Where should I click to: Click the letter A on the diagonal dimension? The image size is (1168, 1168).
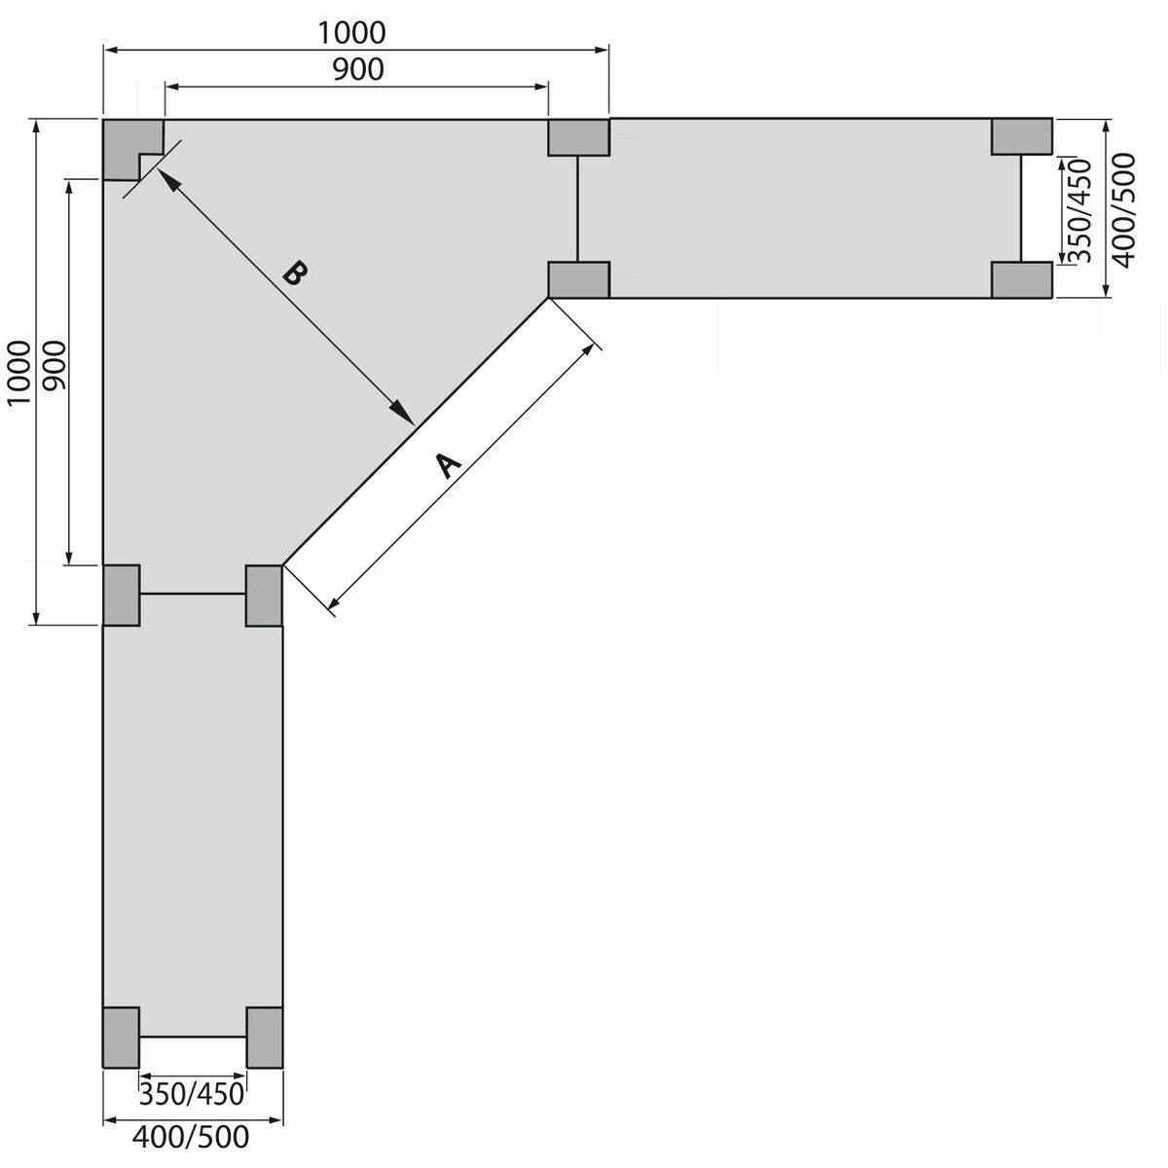(449, 465)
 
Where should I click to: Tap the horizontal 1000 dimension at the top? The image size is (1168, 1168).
(351, 33)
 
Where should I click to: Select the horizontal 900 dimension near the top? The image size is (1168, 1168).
(358, 70)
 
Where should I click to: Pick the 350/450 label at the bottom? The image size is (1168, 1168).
(192, 1094)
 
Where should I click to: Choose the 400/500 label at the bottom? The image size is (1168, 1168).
(191, 1137)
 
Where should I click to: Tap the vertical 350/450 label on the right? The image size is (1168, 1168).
(1079, 211)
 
